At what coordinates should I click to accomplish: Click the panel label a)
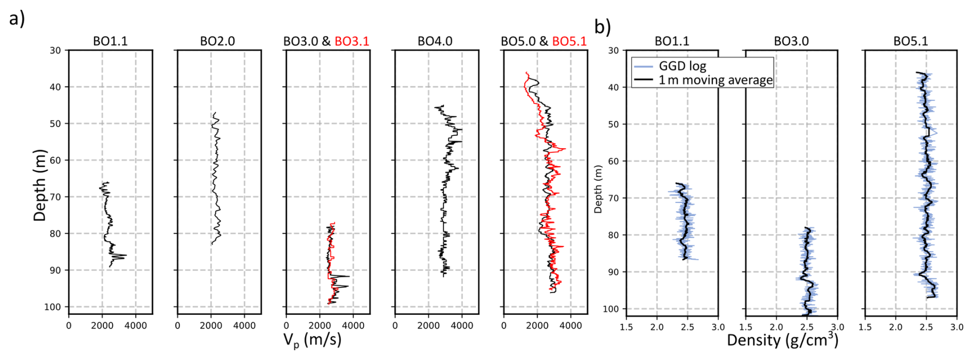click(x=17, y=19)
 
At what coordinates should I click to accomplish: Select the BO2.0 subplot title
click(x=217, y=41)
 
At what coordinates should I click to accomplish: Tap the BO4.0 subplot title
click(x=435, y=41)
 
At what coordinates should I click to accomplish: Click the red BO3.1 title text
click(x=352, y=41)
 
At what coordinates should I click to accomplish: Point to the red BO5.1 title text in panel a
click(x=569, y=41)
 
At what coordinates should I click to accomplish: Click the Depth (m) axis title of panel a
click(x=40, y=185)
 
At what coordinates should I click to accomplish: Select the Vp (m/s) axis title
click(x=312, y=340)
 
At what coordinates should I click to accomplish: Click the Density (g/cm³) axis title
click(x=782, y=340)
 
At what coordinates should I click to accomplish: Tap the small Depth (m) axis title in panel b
click(x=598, y=189)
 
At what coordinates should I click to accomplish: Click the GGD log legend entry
click(x=682, y=66)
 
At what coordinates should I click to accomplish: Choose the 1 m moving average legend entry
click(x=715, y=80)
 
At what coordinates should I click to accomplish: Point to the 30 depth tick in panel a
click(x=55, y=50)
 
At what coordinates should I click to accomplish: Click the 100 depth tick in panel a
click(x=52, y=307)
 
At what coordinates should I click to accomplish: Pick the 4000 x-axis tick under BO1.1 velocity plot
click(x=136, y=326)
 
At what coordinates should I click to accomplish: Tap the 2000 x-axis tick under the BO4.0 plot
click(x=428, y=326)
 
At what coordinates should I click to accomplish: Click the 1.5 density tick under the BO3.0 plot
click(x=746, y=327)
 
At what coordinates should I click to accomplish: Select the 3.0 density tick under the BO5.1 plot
click(x=957, y=327)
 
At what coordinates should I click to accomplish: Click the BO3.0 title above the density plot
click(x=791, y=41)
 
